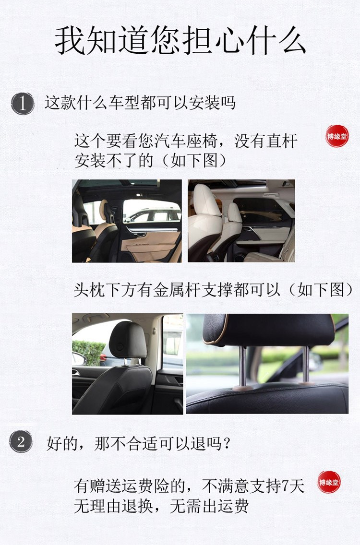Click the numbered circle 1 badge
23,104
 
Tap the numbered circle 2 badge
21,441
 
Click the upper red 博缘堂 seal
336,136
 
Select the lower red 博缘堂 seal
329,482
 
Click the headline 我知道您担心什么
180,41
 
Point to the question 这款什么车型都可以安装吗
140,103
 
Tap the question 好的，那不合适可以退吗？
139,443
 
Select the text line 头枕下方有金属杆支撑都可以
177,290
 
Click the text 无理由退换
113,506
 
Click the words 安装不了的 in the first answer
114,160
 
